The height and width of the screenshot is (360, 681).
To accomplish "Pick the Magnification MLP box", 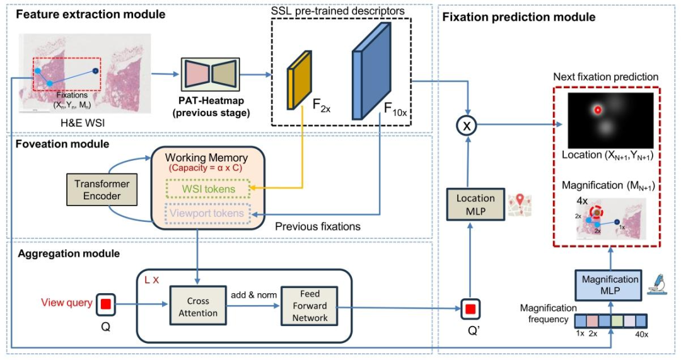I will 610,284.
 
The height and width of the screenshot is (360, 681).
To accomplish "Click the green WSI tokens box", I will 207,189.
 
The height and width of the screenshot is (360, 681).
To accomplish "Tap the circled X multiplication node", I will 468,125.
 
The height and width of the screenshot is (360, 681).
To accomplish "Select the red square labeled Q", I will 106,304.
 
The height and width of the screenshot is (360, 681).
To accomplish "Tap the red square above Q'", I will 468,310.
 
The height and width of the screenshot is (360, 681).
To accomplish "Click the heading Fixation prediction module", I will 519,17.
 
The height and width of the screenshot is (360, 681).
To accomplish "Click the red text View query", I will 66,303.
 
